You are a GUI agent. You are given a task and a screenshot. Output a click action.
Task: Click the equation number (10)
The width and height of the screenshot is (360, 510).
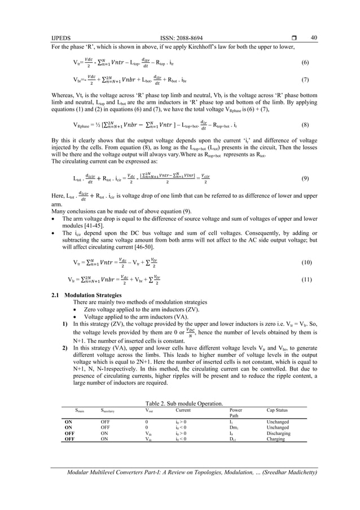pyautogui.click(x=306, y=263)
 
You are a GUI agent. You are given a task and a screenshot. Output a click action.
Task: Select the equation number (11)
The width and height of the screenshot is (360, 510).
pyautogui.click(x=306, y=279)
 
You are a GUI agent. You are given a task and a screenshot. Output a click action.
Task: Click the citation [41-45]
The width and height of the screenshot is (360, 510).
pyautogui.click(x=102, y=225)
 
